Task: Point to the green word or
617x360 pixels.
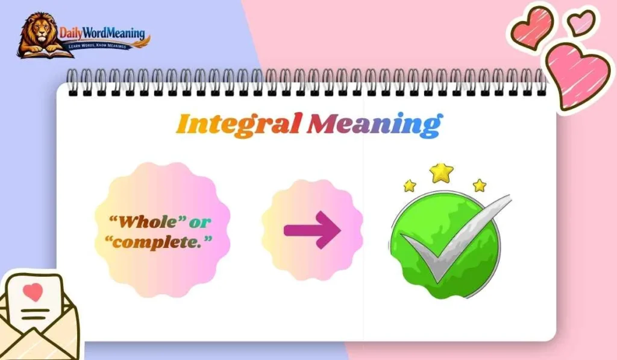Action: [200, 222]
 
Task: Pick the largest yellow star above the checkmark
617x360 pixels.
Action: [442, 172]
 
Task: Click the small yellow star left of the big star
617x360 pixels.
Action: [410, 186]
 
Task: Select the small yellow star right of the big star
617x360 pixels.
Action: [480, 185]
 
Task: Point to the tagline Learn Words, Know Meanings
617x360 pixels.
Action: [100, 46]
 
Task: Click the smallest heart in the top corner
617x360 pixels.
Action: [581, 22]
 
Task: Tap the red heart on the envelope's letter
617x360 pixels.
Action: [34, 292]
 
